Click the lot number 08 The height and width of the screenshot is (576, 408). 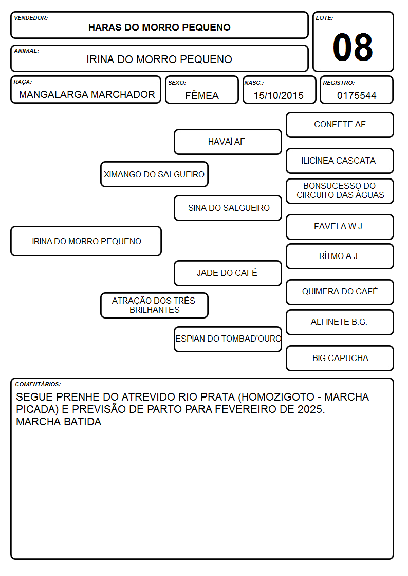353,47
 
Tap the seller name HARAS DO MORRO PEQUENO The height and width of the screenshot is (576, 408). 159,27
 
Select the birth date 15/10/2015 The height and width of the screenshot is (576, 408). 279,95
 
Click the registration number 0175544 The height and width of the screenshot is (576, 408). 357,95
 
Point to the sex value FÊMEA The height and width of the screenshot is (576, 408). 201,95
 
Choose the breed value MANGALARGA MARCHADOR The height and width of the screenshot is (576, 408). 87,94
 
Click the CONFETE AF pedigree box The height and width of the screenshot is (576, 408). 340,125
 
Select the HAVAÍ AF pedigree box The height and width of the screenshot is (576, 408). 228,142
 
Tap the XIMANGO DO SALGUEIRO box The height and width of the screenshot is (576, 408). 154,174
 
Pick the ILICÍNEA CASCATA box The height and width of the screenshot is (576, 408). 340,161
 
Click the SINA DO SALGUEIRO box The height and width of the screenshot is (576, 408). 228,208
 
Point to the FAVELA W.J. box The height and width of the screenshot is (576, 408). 340,227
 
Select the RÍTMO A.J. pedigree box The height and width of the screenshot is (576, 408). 340,256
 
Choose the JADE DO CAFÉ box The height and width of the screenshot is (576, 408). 228,273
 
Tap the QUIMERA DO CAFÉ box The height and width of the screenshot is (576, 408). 340,292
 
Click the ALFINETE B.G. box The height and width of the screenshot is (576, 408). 340,322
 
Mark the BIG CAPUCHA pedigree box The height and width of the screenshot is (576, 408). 340,358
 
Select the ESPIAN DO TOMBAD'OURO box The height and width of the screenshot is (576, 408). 228,339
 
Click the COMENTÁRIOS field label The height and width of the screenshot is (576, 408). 38,384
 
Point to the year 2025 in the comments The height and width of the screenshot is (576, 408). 310,409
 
